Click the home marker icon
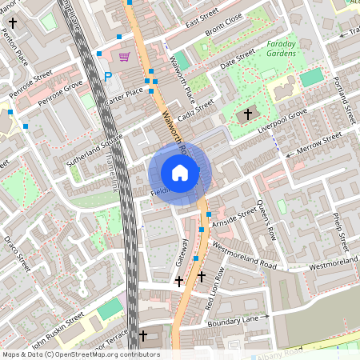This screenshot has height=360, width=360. click(180, 173)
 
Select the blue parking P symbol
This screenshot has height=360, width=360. click(108, 77)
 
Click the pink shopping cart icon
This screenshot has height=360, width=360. click(124, 57)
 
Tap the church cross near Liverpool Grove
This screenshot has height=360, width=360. click(247, 115)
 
